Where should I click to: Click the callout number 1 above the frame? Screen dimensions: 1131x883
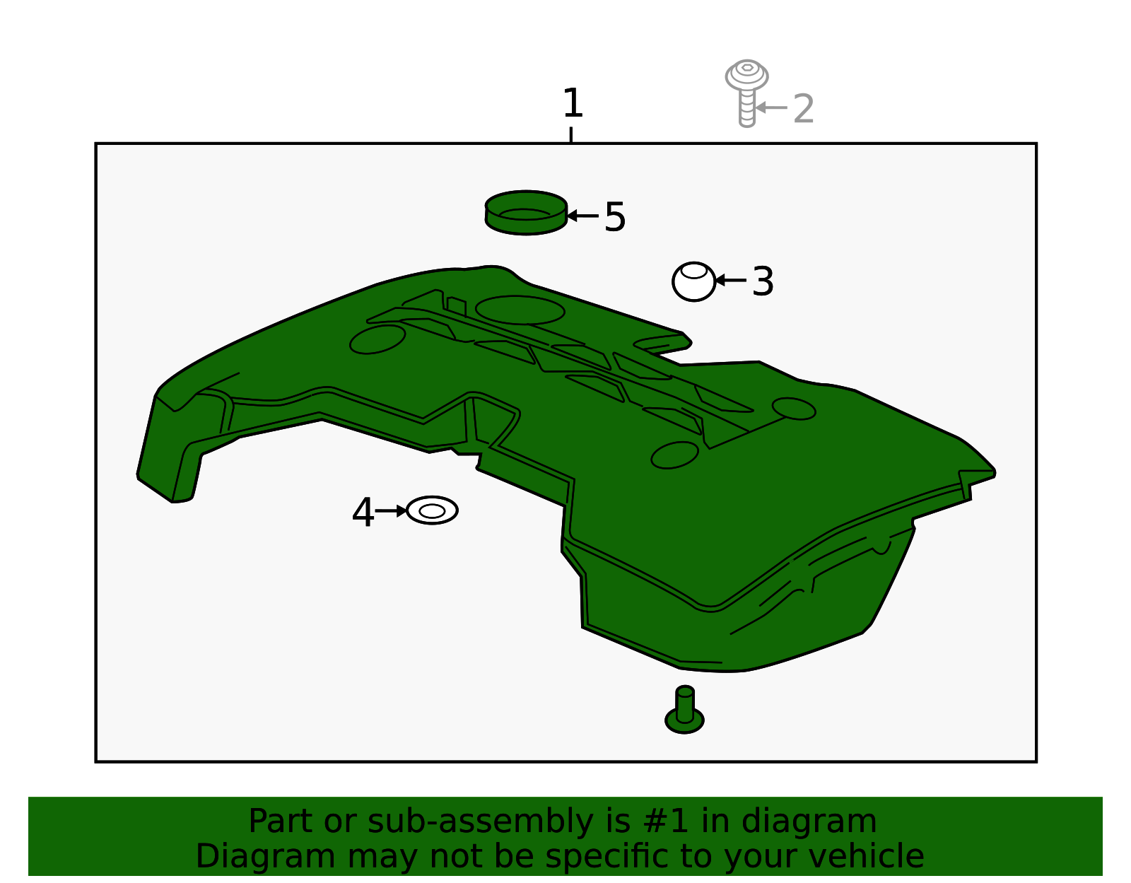573,103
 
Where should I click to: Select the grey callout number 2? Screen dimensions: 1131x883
803,109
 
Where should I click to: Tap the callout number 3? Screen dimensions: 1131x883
763,281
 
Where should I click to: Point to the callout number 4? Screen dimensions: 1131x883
363,512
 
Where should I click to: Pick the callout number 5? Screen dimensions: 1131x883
615,217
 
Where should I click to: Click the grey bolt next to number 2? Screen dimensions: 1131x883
746,93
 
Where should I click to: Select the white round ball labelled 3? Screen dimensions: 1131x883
694,281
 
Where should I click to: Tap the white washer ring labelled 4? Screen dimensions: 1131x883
432,510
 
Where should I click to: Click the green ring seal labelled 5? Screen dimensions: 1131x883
526,213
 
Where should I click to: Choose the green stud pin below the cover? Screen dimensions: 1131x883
684,711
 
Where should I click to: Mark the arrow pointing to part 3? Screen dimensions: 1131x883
732,281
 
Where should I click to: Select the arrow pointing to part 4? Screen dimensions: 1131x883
390,511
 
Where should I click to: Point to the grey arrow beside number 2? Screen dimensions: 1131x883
771,107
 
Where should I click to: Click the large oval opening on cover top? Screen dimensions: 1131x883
520,310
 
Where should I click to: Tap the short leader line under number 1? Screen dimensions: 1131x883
571,135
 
